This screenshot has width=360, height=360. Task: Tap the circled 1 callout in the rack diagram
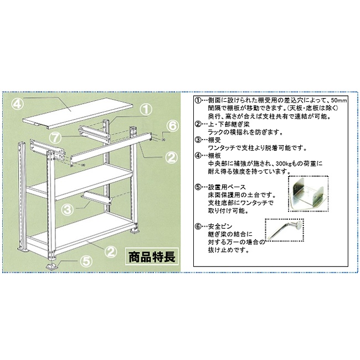tap(145, 109)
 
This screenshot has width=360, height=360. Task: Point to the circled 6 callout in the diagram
tap(172, 126)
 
